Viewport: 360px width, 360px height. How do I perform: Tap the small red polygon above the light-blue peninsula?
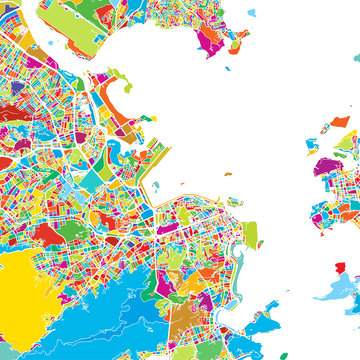[x=341, y=268]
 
